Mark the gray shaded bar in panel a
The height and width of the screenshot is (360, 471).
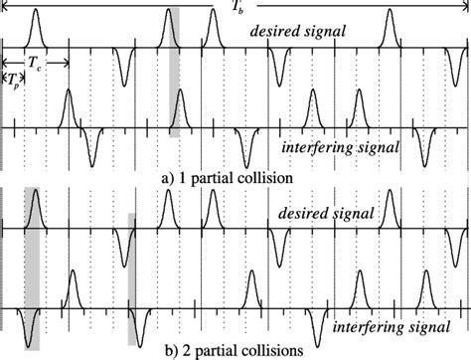(175, 90)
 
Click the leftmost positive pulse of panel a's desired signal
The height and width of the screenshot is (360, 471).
(35, 26)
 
